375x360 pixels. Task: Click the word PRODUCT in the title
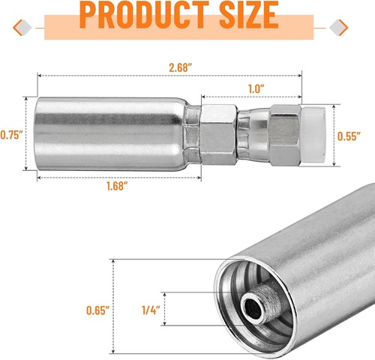(145, 16)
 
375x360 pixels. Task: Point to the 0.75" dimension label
(12, 135)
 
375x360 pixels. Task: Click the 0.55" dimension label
(346, 137)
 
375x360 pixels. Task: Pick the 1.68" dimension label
(116, 184)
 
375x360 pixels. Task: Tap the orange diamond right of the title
(339, 28)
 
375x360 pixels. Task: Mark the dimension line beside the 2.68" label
(112, 76)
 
